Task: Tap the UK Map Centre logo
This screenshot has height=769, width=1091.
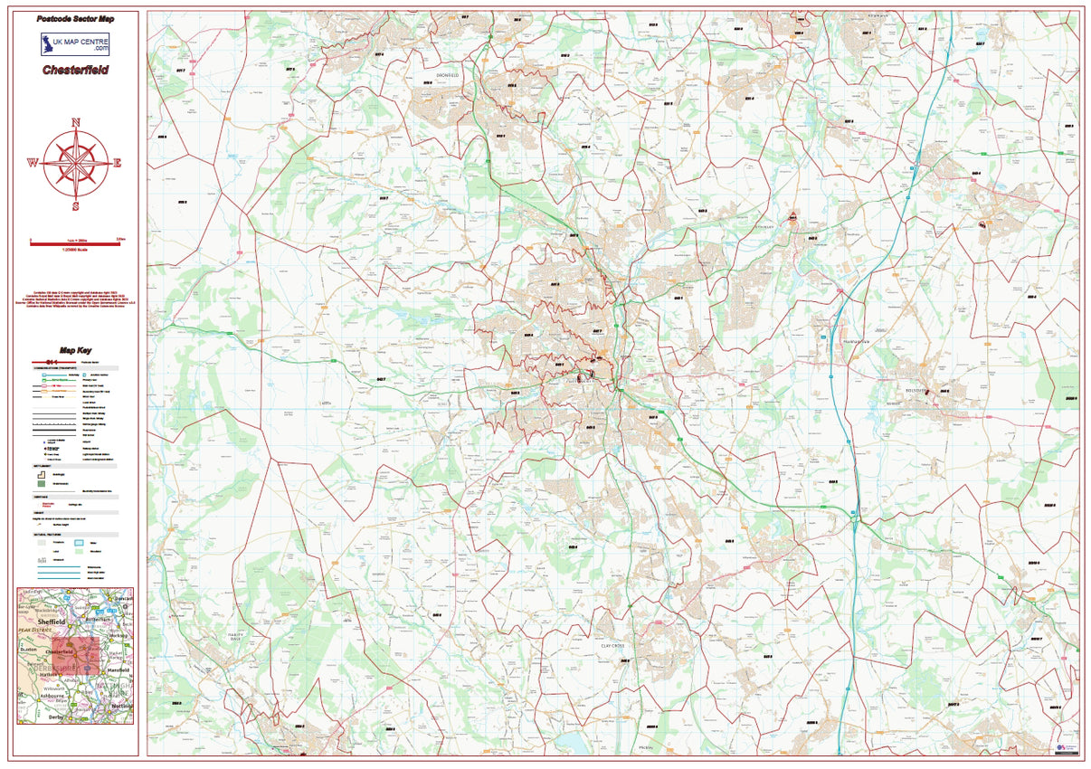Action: (x=75, y=45)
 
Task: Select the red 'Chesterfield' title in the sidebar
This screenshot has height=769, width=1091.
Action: (x=75, y=70)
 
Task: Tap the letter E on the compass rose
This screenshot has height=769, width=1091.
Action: (x=117, y=164)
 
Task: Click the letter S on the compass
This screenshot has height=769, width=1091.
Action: (x=75, y=204)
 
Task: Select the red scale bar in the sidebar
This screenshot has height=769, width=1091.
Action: (x=75, y=242)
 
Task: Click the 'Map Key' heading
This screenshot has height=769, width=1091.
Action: (x=75, y=350)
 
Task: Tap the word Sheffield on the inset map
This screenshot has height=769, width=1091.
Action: (x=52, y=622)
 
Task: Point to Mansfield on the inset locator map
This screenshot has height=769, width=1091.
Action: (x=119, y=670)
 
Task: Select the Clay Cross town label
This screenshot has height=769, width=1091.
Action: (x=612, y=645)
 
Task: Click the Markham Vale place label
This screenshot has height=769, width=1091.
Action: (x=855, y=341)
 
